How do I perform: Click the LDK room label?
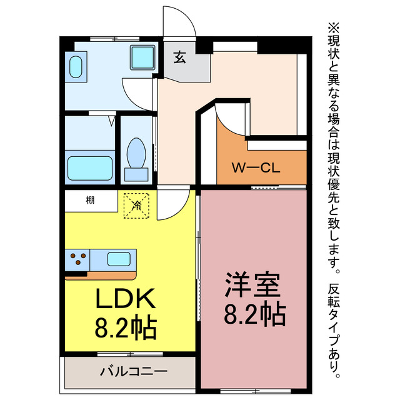tap(125, 301)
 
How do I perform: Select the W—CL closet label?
tap(256, 167)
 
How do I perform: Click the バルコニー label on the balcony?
tap(134, 372)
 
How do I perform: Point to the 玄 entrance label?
tap(179, 57)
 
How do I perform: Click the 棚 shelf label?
tap(91, 200)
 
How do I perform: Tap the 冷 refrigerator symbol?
tap(136, 204)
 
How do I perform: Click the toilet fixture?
tap(135, 153)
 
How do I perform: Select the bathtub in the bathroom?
tap(89, 167)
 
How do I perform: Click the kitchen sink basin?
tap(119, 258)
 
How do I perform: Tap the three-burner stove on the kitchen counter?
tap(78, 258)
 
